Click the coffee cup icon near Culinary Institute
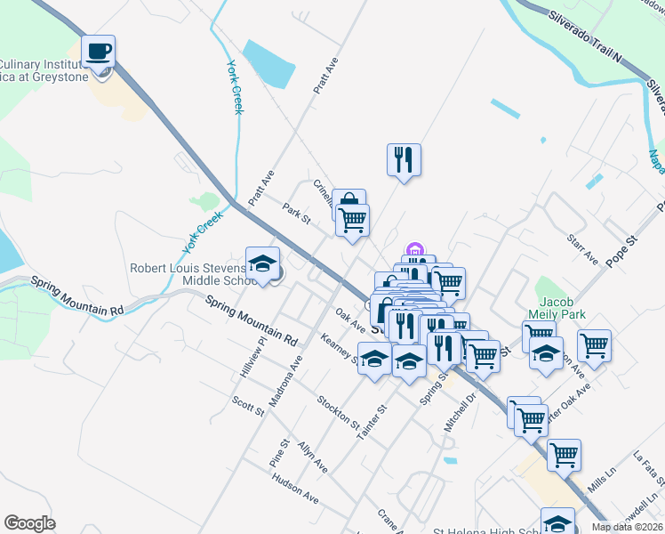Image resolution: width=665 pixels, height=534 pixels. click(x=100, y=52)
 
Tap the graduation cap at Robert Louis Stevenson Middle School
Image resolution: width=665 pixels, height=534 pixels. click(x=261, y=263)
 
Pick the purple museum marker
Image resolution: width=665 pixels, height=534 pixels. click(x=413, y=250)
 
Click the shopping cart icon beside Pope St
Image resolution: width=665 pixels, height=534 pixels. click(x=594, y=345)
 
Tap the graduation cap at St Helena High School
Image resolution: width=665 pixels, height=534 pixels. click(x=557, y=523)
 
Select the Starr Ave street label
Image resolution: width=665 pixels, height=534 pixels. click(x=582, y=249)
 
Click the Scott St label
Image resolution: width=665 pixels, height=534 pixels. click(x=248, y=407)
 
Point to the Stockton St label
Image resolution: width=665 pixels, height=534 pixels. click(x=338, y=410)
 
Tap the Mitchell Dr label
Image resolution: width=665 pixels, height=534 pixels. click(x=461, y=409)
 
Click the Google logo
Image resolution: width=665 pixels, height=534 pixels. click(x=29, y=523)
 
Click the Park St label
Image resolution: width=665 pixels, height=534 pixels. click(x=296, y=214)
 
